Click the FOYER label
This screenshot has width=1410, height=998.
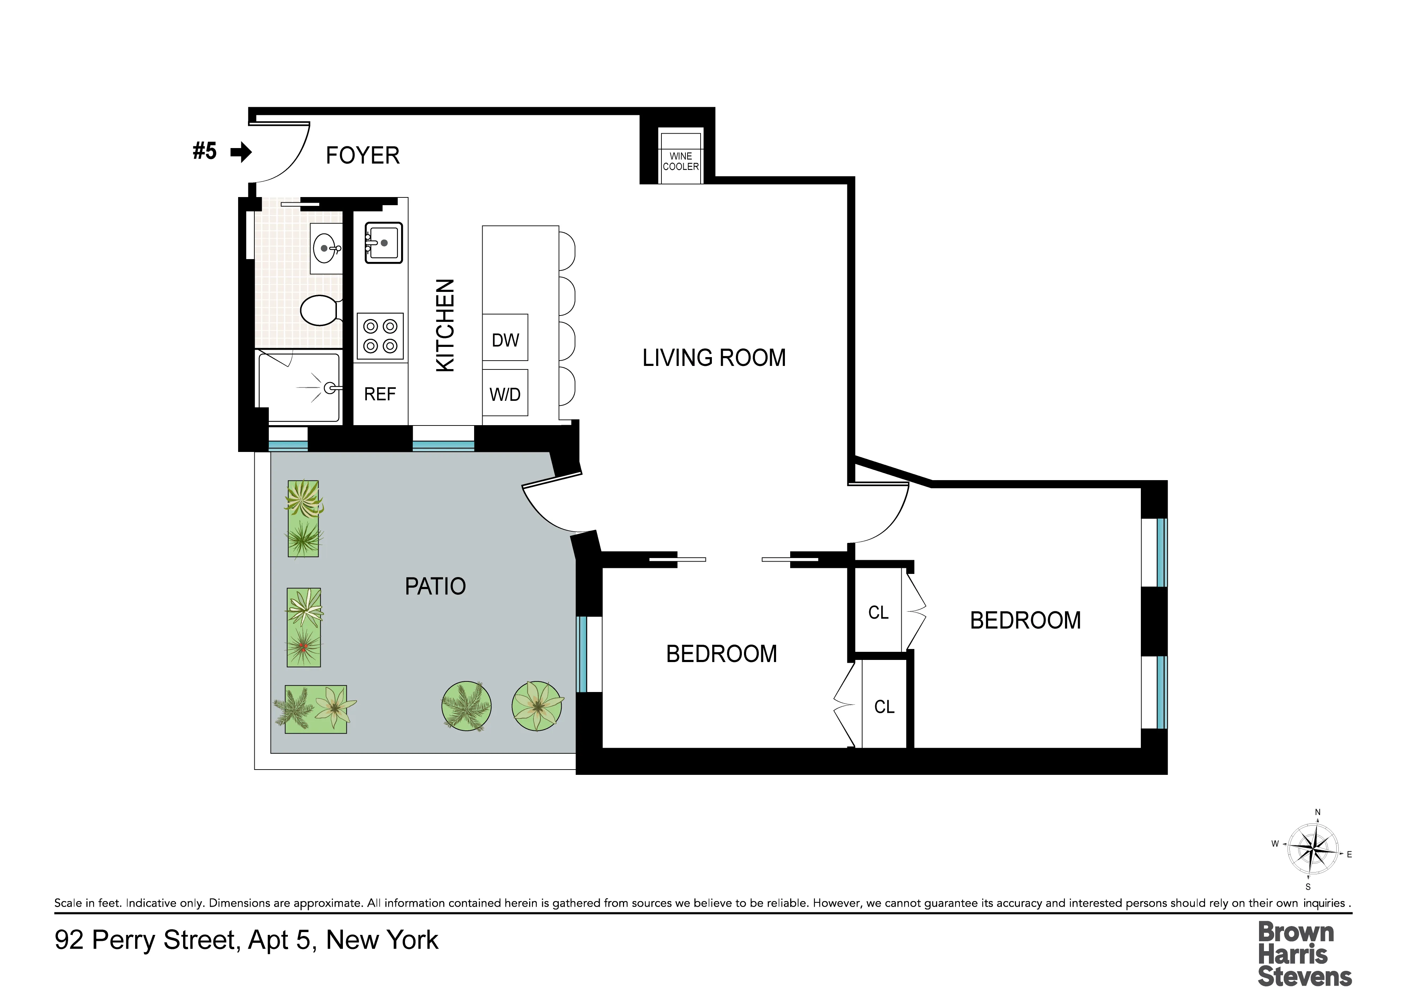[362, 155]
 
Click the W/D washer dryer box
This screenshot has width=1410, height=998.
[505, 393]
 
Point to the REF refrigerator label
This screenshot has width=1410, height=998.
[380, 394]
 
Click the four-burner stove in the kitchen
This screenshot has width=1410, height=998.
[380, 336]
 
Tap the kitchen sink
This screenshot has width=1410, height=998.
[384, 243]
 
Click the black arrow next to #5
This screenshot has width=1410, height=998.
[241, 152]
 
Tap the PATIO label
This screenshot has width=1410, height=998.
[435, 586]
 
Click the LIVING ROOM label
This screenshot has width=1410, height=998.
[714, 358]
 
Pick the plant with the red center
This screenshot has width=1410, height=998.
[303, 647]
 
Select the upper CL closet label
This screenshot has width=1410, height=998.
[878, 613]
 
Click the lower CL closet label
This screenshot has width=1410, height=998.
[884, 707]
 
